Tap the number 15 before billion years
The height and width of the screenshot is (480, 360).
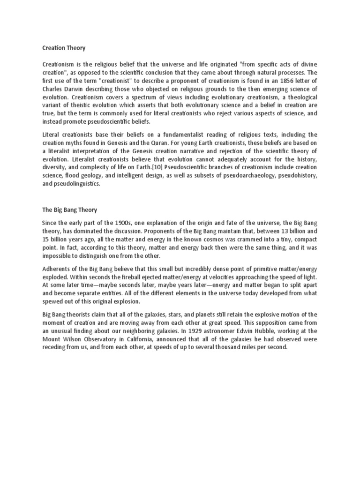click(x=46, y=240)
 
